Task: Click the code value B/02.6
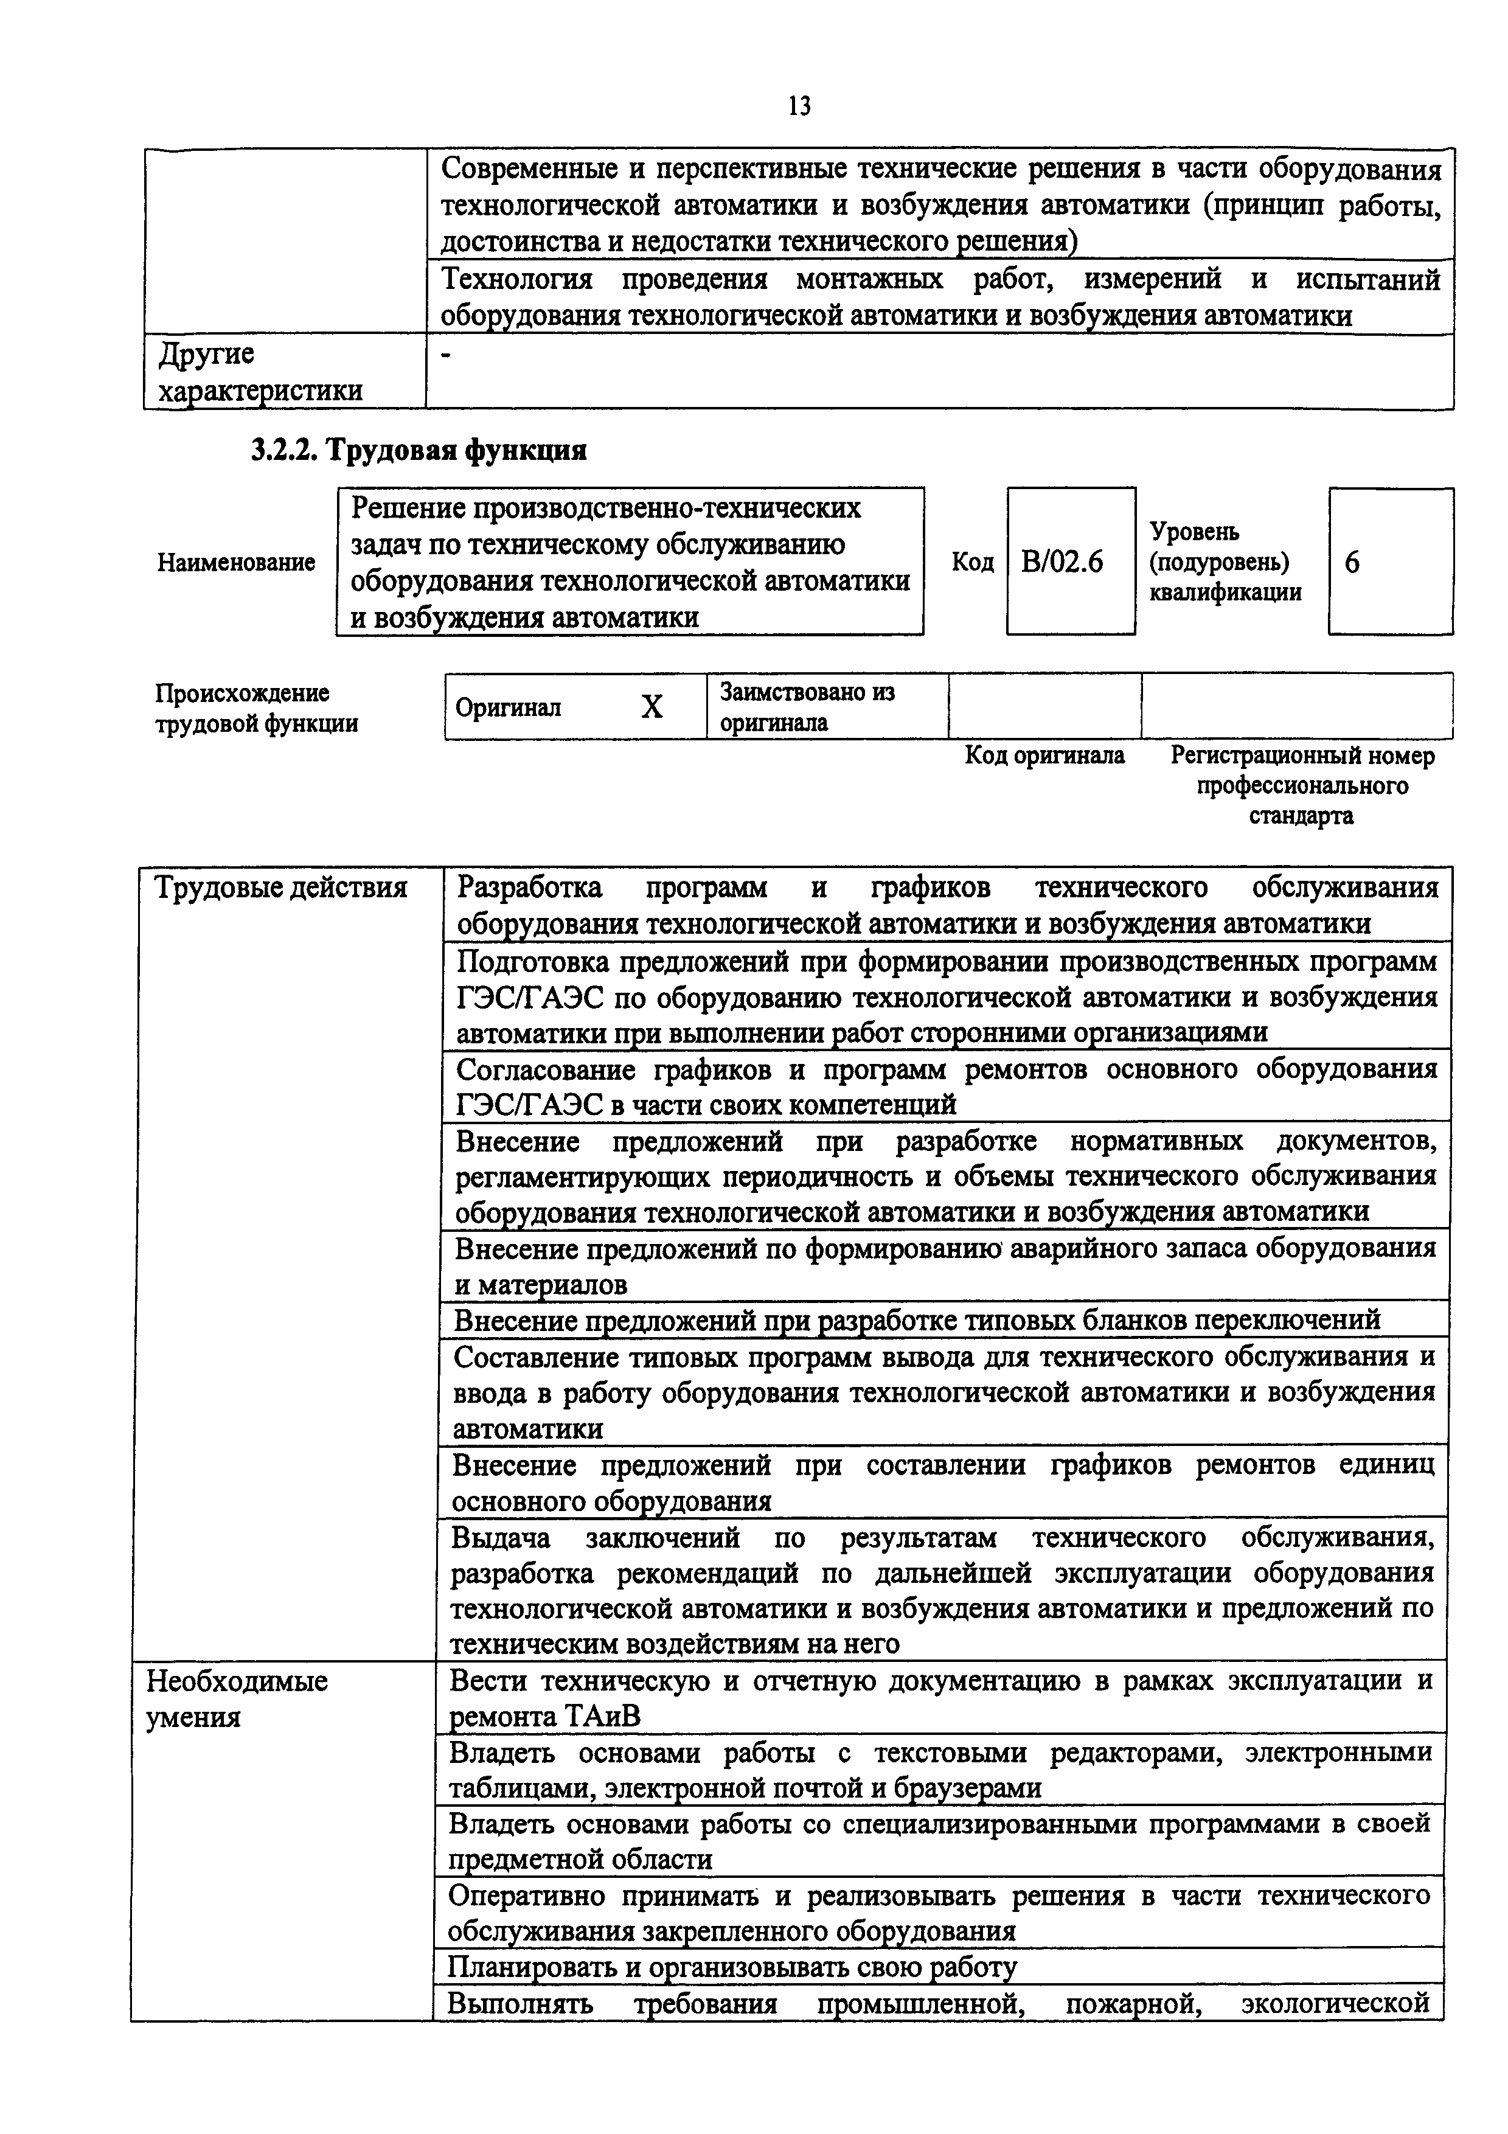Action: pyautogui.click(x=1062, y=562)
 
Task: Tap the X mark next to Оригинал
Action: pyautogui.click(x=652, y=707)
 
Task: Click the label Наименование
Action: pyautogui.click(x=236, y=562)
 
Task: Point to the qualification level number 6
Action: pyautogui.click(x=1352, y=562)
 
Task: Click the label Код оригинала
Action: pyautogui.click(x=1044, y=756)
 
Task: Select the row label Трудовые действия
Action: pyautogui.click(x=280, y=888)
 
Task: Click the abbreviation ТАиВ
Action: pyautogui.click(x=602, y=1715)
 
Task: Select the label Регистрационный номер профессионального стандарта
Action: pyautogui.click(x=1302, y=785)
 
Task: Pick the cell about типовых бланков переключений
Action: pyautogui.click(x=917, y=1320)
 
